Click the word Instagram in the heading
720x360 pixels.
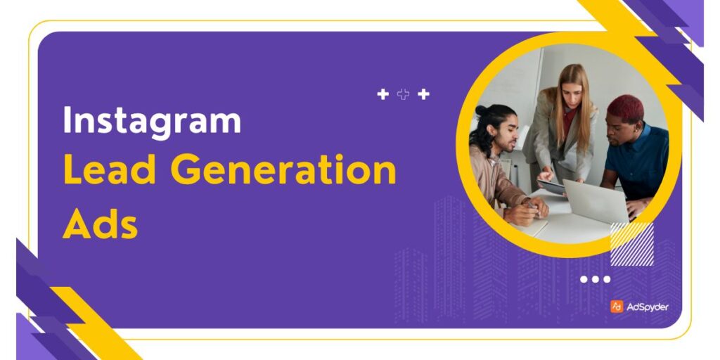151,122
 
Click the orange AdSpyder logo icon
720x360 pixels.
616,307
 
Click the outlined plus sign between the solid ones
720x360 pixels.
403,94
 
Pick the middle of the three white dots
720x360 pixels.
595,279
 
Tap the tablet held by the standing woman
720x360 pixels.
552,186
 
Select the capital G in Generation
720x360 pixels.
185,171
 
